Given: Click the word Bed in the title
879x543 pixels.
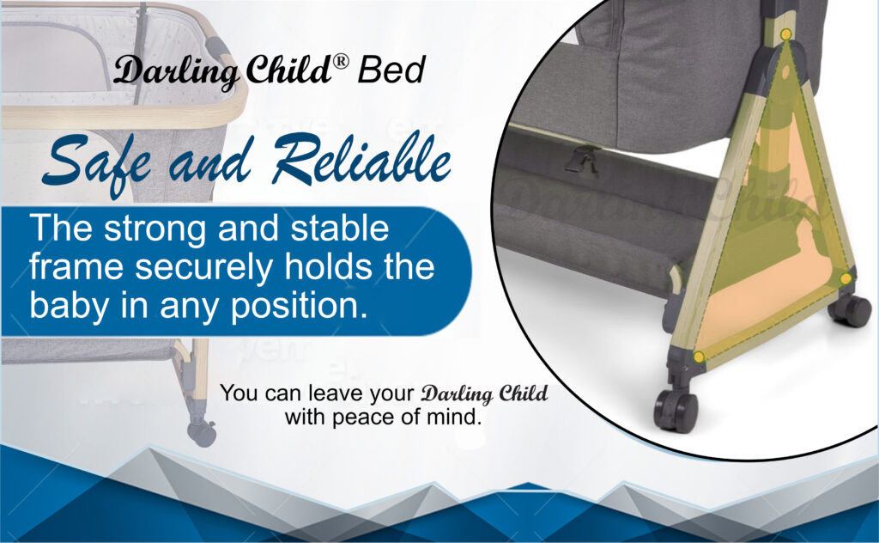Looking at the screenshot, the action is (x=391, y=70).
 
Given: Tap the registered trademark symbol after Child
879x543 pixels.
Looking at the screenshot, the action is (x=340, y=62).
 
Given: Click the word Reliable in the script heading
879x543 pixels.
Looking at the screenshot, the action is (x=362, y=158).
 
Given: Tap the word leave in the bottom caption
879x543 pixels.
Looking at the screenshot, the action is (x=335, y=393).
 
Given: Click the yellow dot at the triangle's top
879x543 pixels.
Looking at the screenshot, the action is (x=786, y=34).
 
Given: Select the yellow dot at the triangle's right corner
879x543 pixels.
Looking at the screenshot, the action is (x=846, y=278).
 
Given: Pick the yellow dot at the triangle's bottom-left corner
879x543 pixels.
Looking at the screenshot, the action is (x=699, y=357).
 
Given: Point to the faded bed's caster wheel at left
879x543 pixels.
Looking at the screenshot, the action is (x=201, y=432).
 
